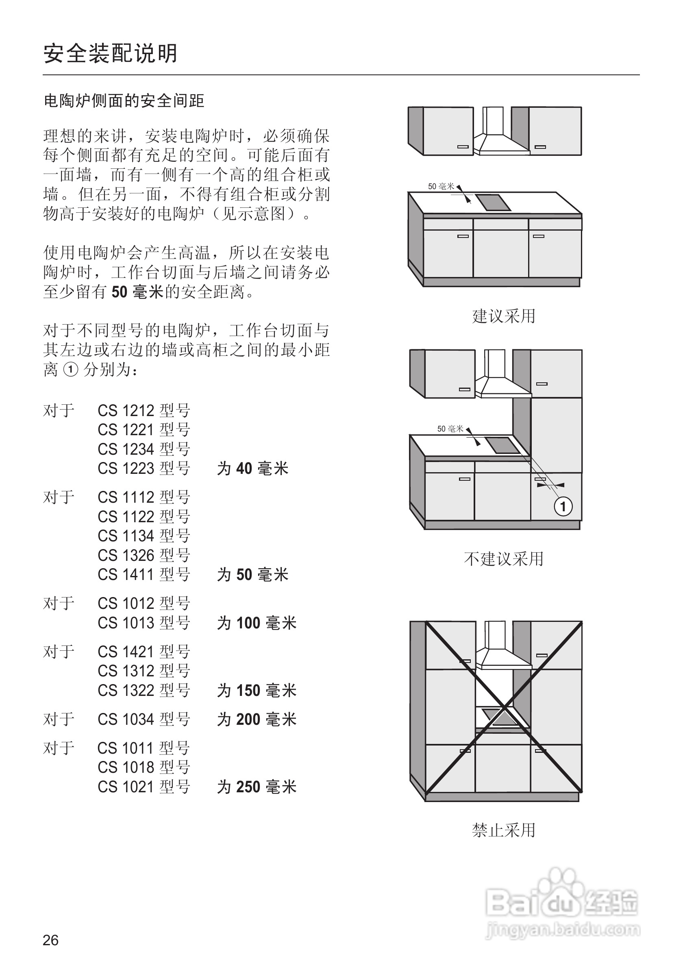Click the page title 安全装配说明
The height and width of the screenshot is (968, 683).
[111, 54]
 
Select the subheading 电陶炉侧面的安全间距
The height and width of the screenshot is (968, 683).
[124, 101]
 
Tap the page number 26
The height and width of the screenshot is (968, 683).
[50, 940]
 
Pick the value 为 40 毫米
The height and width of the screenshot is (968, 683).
[252, 469]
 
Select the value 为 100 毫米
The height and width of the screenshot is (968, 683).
[257, 623]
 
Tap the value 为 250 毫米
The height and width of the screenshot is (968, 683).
[257, 787]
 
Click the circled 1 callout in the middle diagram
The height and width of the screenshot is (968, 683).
[563, 506]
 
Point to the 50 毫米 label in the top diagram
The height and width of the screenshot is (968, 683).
[441, 186]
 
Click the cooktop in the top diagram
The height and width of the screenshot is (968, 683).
[493, 202]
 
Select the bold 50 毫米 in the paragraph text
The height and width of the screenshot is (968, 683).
[137, 292]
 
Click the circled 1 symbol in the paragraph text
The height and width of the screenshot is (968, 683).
[70, 370]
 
